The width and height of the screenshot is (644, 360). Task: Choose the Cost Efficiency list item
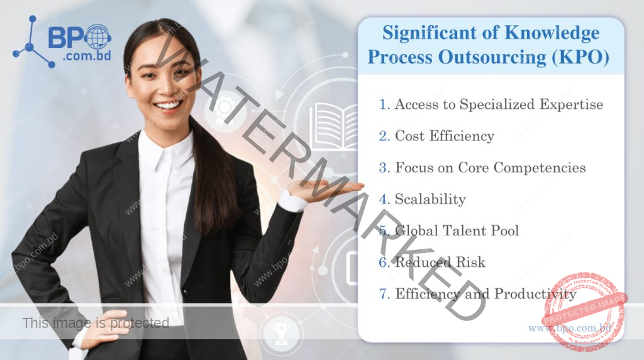click(x=444, y=136)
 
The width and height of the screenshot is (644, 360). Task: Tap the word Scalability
click(x=430, y=200)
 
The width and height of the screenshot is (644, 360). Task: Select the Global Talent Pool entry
click(x=457, y=231)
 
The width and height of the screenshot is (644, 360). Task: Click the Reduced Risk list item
click(x=440, y=262)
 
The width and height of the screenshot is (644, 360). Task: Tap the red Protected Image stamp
click(x=586, y=312)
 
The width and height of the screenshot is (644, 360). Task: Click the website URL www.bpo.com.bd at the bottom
click(x=569, y=328)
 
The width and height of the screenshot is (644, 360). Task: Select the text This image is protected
click(x=96, y=323)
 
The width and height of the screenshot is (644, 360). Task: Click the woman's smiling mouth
click(x=168, y=105)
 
